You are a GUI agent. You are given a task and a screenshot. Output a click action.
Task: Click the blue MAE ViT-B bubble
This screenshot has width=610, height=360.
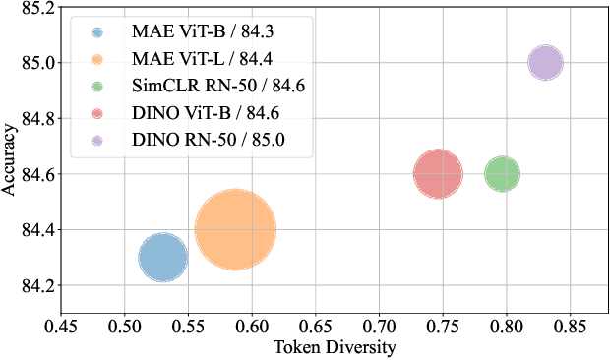(x=163, y=258)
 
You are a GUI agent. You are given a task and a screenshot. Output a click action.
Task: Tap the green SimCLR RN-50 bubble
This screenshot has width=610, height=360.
(x=502, y=174)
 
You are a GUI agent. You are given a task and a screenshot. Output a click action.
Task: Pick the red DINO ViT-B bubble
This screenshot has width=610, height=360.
(x=438, y=174)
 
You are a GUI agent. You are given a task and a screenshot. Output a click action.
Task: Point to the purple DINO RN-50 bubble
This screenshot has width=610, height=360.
(x=545, y=63)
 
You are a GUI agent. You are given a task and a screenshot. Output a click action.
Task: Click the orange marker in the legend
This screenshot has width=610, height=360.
(x=97, y=58)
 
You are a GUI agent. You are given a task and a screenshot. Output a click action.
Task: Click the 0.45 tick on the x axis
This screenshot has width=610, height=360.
(x=61, y=326)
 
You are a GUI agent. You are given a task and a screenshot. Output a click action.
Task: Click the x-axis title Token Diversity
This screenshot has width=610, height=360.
(x=335, y=347)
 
